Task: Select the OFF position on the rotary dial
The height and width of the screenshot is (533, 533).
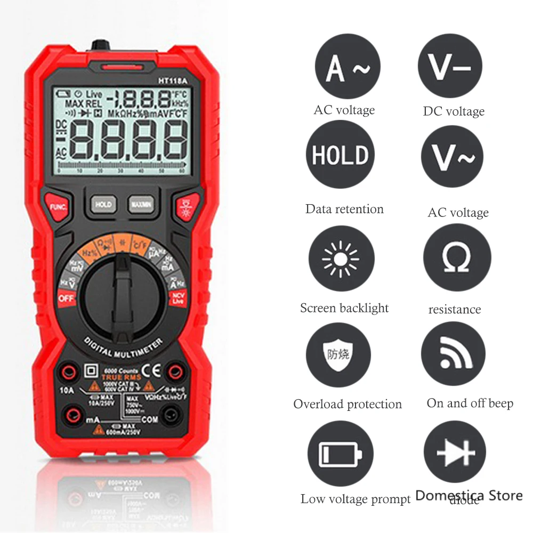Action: [x=66, y=298]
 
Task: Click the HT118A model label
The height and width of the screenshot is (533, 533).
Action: [x=171, y=82]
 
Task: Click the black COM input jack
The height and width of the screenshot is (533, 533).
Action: [x=172, y=413]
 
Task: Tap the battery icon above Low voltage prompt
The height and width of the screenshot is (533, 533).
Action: [x=340, y=454]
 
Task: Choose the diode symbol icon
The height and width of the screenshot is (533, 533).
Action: [x=455, y=454]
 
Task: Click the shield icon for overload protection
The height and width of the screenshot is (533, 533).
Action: [x=340, y=354]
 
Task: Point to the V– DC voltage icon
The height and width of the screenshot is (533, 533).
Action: [x=451, y=66]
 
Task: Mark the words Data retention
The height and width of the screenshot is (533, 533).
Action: [x=344, y=209]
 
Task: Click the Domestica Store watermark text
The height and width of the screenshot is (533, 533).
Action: [x=469, y=496]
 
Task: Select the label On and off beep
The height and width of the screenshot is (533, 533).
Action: [x=470, y=403]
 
